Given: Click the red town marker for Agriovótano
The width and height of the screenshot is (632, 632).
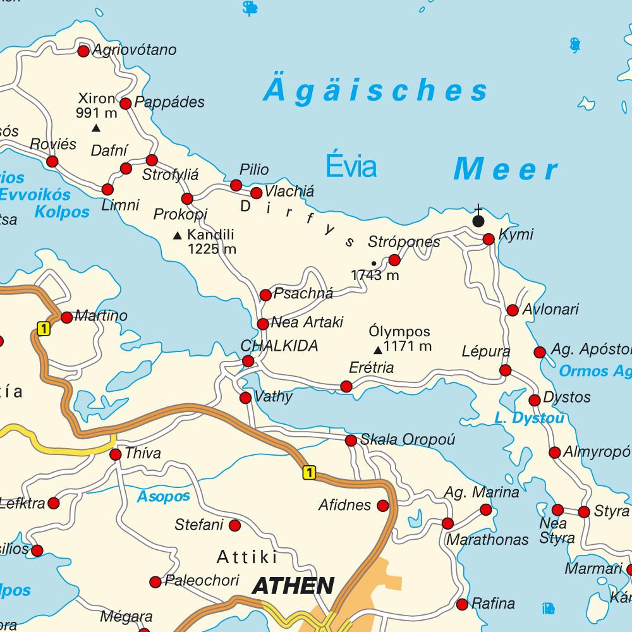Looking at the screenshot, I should point(83,51).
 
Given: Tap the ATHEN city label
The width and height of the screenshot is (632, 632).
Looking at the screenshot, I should point(293,586).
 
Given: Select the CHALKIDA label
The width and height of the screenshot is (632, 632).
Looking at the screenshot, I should point(279,346).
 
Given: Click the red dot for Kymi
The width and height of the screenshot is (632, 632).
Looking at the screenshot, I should point(489,240).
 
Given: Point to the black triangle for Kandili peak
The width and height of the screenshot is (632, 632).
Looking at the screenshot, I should point(178,236).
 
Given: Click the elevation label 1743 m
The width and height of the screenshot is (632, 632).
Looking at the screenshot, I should point(375,276).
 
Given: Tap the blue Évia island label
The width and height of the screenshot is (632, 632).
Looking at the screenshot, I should point(351,167).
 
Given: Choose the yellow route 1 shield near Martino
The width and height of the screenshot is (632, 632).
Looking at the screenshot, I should point(43,328).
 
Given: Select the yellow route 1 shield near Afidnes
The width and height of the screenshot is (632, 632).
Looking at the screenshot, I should point(308,472).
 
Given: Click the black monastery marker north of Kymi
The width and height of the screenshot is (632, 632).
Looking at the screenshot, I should point(478,220).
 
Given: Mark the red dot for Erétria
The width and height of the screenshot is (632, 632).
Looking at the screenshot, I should point(346,386).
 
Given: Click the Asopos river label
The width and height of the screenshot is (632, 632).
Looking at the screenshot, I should point(163,497).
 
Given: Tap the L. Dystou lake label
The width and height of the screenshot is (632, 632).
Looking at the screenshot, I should point(530,418).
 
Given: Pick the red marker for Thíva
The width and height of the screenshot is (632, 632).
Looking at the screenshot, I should point(116,454).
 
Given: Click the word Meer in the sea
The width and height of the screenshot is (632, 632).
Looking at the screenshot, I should point(506,170).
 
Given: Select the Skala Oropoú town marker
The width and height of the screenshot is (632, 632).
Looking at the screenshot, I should point(351,441).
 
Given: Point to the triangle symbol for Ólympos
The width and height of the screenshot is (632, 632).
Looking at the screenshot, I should point(377,349).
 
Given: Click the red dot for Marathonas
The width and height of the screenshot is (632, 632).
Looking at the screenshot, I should point(447,523).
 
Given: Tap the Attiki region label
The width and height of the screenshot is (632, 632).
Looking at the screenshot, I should point(247,557).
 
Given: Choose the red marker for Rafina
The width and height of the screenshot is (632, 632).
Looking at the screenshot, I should point(462,604).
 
